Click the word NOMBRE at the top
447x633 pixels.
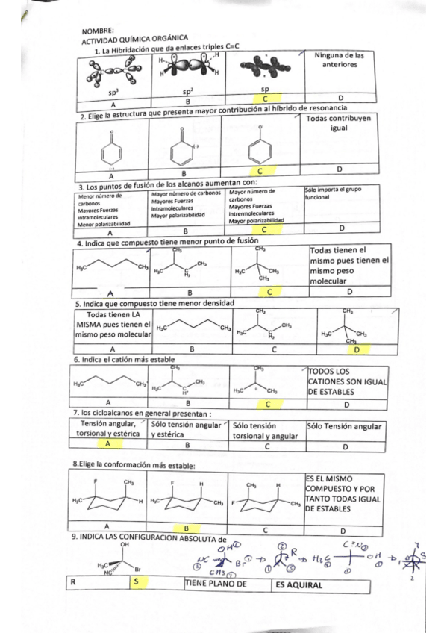click(x=93, y=31)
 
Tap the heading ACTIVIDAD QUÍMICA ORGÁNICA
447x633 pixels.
click(x=134, y=39)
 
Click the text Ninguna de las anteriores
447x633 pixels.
click(x=339, y=60)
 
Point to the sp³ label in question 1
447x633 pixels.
click(x=113, y=91)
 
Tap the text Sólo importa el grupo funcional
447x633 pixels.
click(x=333, y=194)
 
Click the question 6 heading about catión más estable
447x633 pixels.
click(x=124, y=359)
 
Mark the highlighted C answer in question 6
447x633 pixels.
click(x=269, y=405)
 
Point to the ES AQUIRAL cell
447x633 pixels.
click(x=298, y=585)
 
